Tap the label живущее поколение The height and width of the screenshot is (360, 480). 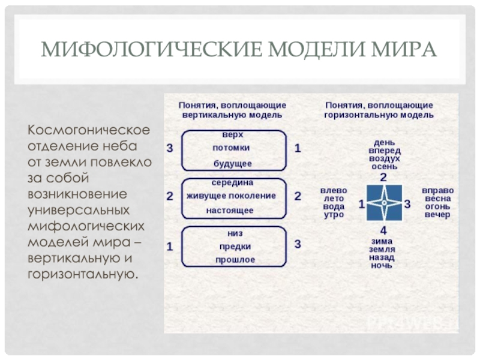[x=231, y=196]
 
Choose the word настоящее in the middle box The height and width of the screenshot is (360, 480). [x=230, y=211]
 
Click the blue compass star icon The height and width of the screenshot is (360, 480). [x=383, y=204]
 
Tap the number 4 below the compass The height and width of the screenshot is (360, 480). [x=384, y=231]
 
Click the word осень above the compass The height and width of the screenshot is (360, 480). [x=383, y=166]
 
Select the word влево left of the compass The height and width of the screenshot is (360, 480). [x=334, y=188]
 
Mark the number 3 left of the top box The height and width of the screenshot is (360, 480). [x=170, y=148]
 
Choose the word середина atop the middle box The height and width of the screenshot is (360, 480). [x=232, y=181]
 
